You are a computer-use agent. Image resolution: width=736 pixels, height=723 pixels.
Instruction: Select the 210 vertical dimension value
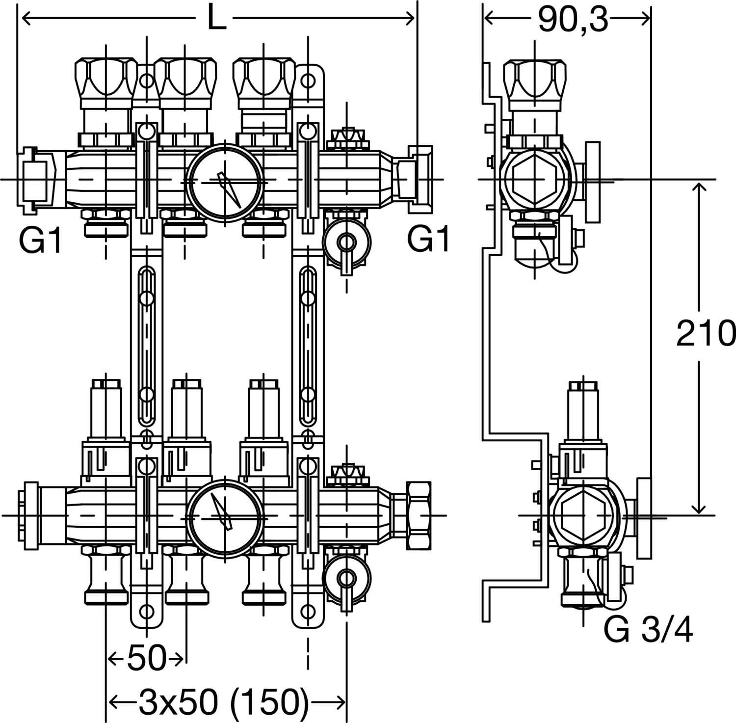pyautogui.click(x=706, y=334)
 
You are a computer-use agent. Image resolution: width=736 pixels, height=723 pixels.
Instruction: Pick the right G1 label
pyautogui.click(x=428, y=240)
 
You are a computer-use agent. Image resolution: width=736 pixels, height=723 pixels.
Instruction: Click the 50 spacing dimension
pyautogui.click(x=146, y=658)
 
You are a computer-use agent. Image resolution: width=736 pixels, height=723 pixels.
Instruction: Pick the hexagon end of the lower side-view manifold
pyautogui.click(x=584, y=515)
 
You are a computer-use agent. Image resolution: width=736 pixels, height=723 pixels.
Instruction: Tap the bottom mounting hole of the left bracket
pyautogui.click(x=146, y=611)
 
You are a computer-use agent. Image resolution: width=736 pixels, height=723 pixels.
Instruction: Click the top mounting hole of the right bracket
pyautogui.click(x=308, y=80)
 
